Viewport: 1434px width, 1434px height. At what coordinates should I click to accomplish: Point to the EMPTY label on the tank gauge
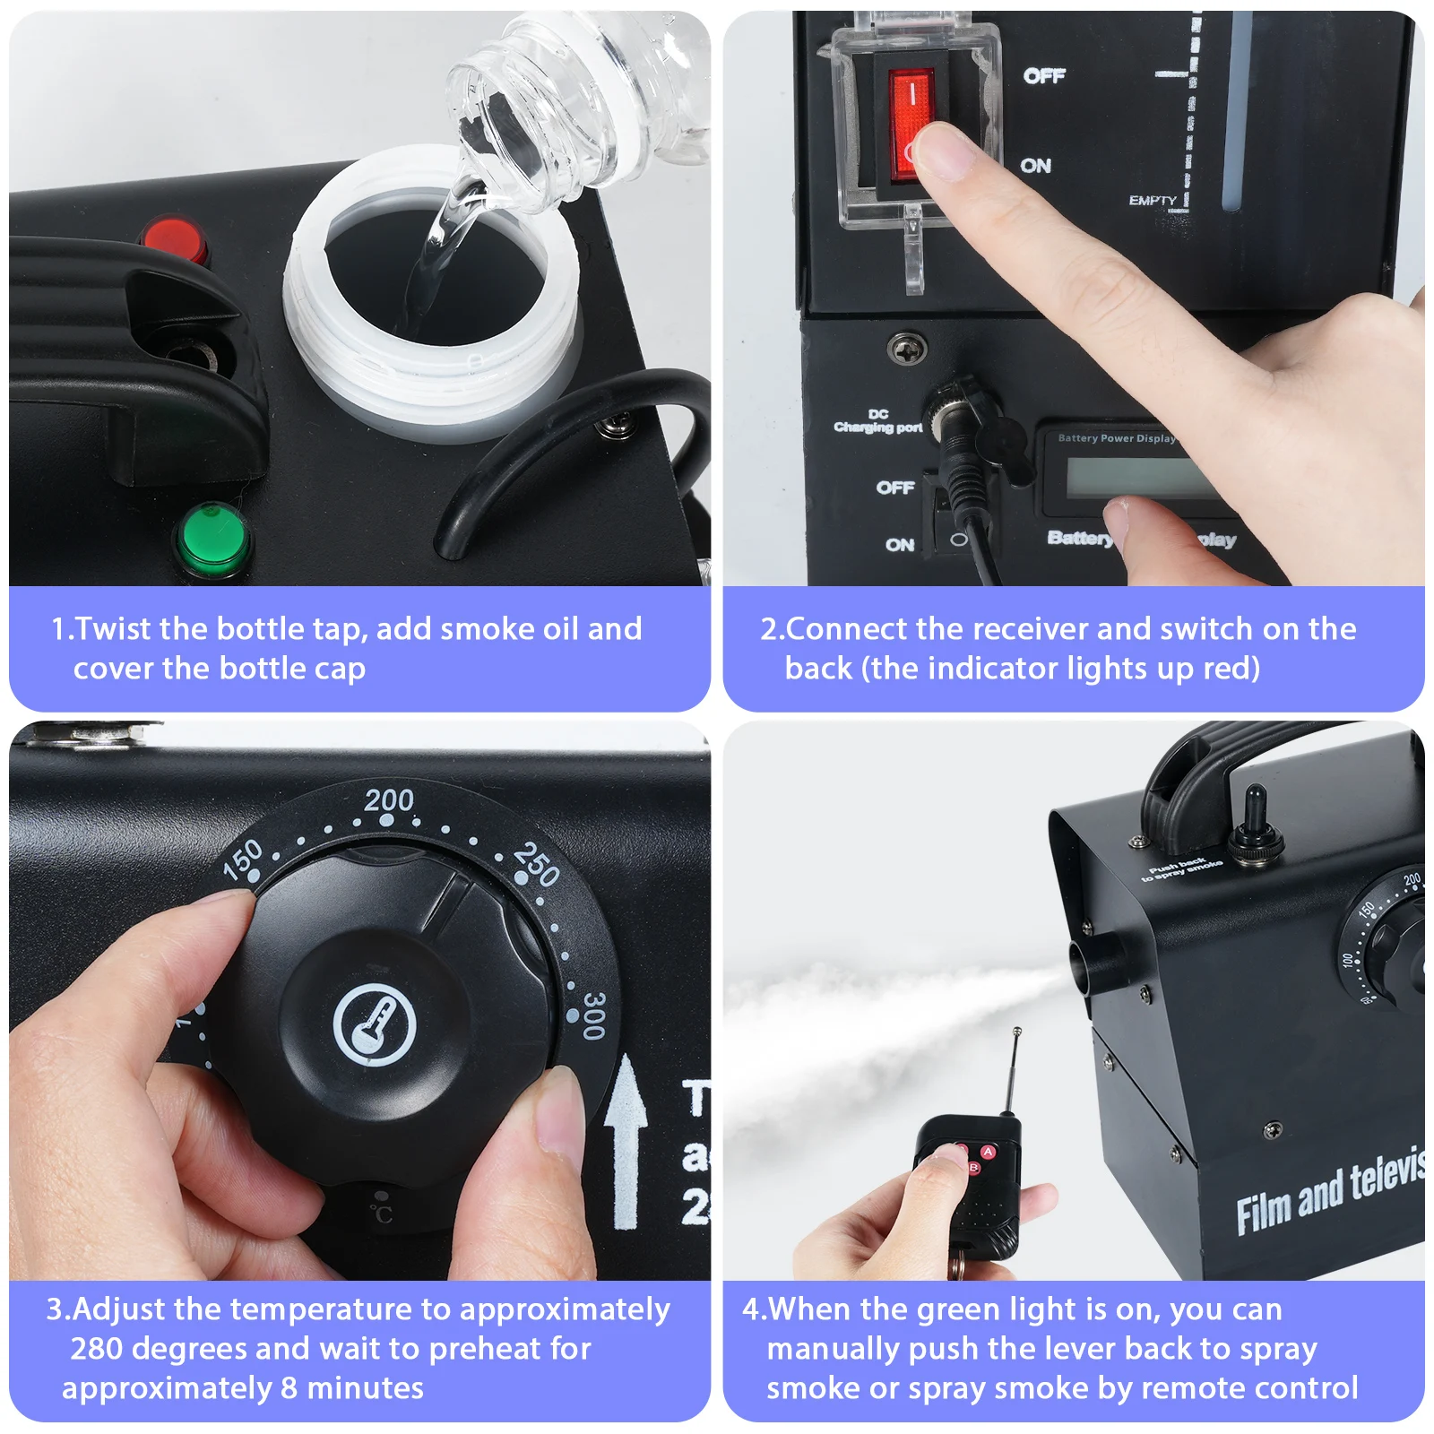(1153, 201)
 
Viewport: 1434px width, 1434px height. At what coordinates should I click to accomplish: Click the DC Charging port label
(878, 421)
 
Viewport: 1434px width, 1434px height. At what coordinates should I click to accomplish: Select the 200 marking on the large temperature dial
(389, 799)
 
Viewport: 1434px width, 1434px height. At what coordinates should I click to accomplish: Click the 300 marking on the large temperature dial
(593, 1015)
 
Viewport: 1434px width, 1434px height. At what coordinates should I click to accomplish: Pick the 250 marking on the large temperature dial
(537, 864)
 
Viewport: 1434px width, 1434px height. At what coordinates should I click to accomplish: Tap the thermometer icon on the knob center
(375, 1025)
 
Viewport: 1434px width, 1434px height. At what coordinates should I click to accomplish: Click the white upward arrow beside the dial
(626, 1138)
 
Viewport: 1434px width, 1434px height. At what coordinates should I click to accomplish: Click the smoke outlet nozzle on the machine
(1095, 963)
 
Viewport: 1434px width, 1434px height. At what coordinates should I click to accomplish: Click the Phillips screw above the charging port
(906, 348)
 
